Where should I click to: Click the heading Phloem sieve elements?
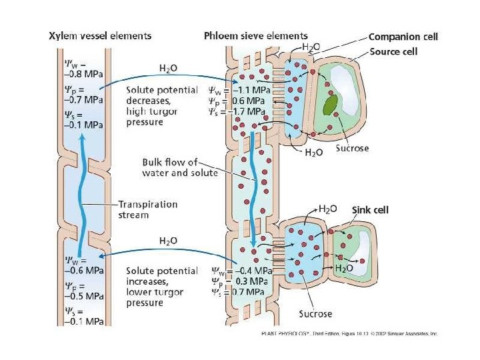(x=255, y=35)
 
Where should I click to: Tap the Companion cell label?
(x=403, y=37)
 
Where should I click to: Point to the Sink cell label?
(x=369, y=209)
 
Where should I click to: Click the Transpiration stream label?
(x=147, y=210)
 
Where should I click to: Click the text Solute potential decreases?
(x=162, y=95)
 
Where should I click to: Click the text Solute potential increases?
(x=162, y=276)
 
